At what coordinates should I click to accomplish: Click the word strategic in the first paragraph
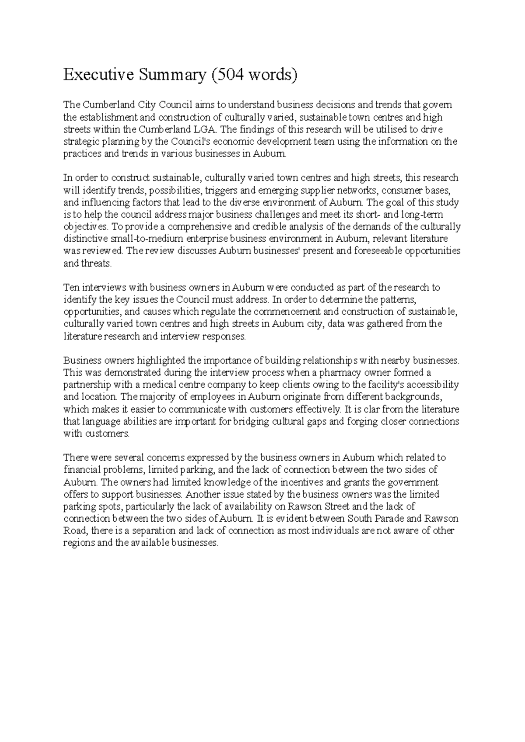pyautogui.click(x=80, y=142)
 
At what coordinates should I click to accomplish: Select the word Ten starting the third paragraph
pyautogui.click(x=70, y=288)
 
